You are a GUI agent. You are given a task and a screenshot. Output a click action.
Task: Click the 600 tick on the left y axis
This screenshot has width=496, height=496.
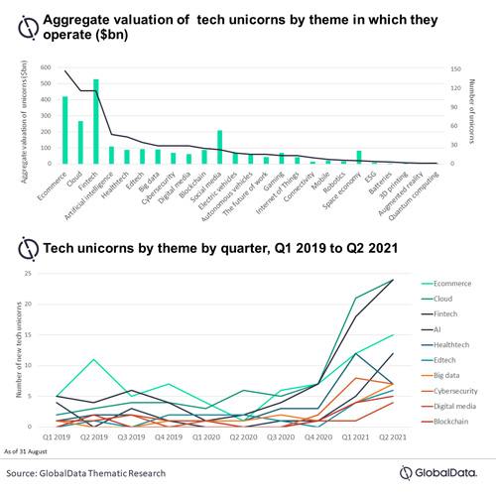[45, 68]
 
